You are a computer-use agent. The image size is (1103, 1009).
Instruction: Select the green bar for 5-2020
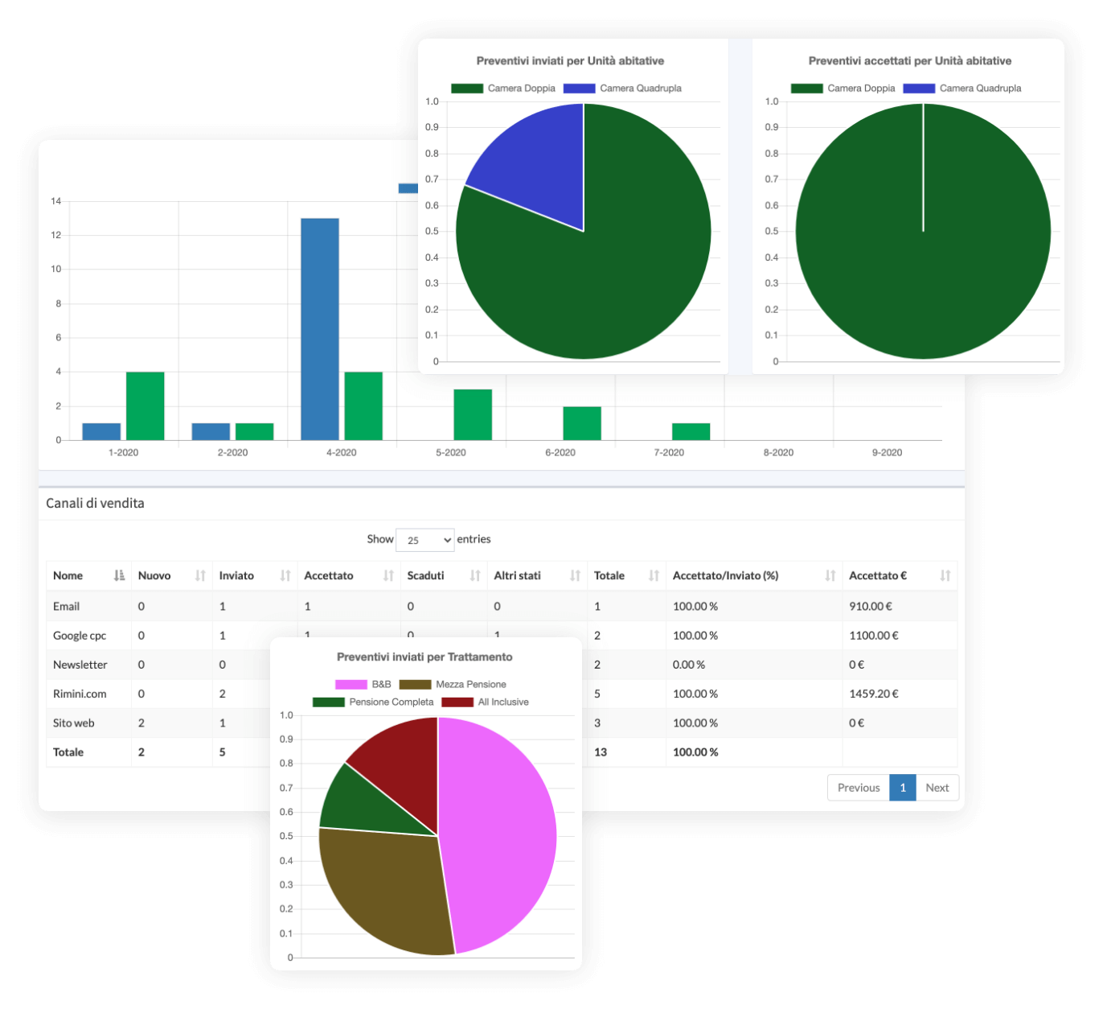click(473, 414)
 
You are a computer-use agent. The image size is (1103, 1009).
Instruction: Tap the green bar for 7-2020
click(691, 431)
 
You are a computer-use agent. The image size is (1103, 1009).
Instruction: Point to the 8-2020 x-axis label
click(777, 452)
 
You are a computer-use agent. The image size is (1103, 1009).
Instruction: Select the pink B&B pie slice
click(498, 837)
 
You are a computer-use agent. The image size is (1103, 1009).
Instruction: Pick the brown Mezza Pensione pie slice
click(382, 885)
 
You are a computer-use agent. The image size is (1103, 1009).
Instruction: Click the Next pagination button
click(937, 788)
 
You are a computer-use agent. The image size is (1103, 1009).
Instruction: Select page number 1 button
click(903, 788)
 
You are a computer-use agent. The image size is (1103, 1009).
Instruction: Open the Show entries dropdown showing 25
click(425, 540)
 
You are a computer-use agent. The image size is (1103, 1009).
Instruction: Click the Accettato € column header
click(878, 575)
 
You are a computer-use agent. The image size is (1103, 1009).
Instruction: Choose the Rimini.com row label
click(80, 694)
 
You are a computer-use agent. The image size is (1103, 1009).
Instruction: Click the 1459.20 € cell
click(873, 694)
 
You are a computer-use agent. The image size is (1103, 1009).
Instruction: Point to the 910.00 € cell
click(870, 606)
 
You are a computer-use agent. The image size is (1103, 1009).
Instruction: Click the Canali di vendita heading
click(95, 503)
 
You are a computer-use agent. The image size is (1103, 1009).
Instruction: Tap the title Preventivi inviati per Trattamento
click(424, 657)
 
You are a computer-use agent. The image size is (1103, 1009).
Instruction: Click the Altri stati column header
click(517, 575)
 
